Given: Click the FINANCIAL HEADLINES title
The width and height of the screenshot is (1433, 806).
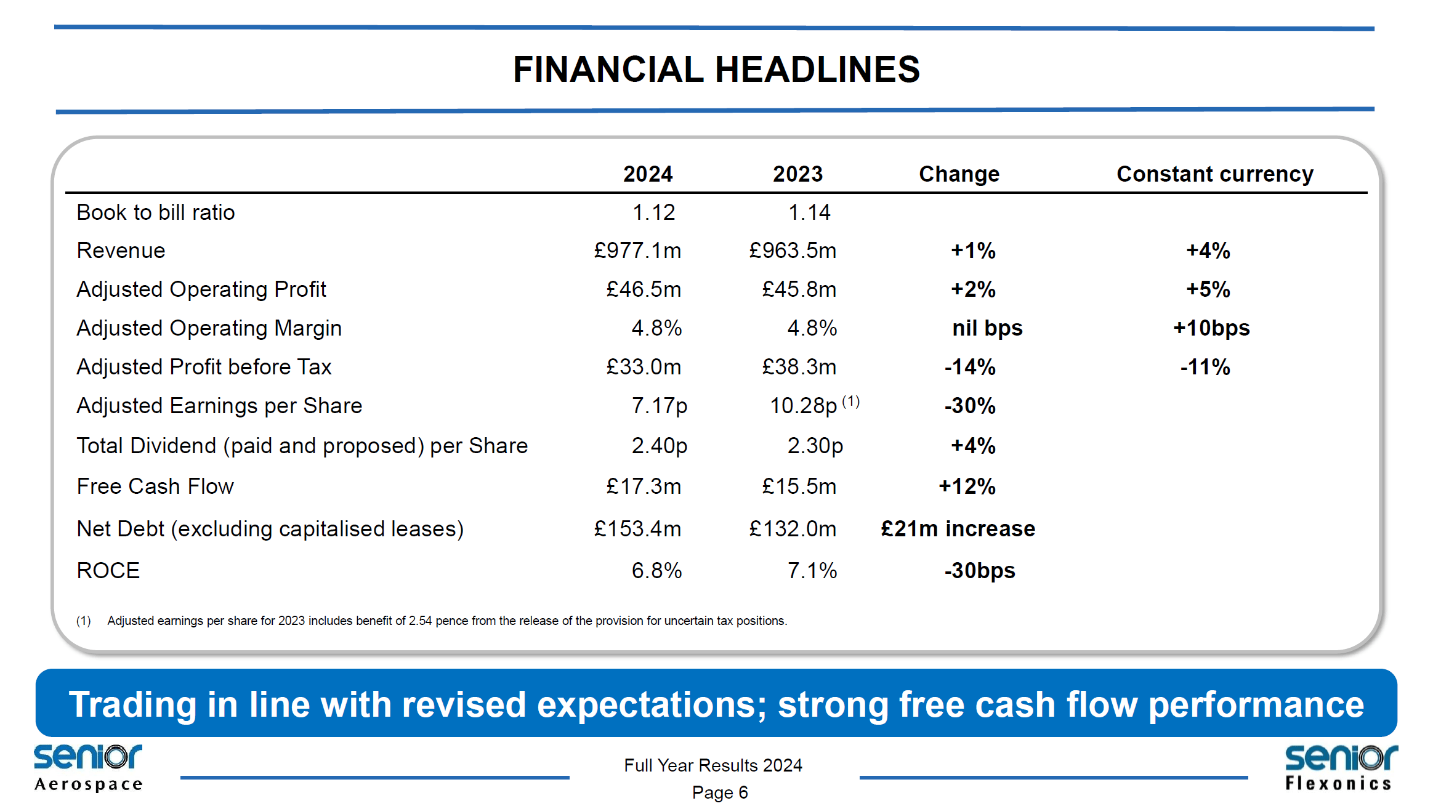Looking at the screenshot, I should (x=716, y=69).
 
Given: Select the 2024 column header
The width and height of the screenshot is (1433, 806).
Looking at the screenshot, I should (x=647, y=174).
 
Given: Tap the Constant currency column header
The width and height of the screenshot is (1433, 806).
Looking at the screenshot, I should (x=1214, y=174).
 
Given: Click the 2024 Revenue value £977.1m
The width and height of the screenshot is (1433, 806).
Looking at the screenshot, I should (x=637, y=251).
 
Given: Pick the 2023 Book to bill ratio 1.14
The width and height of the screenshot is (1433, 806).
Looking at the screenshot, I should (x=809, y=212).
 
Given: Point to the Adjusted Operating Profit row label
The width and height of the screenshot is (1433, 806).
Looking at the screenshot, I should (x=201, y=289).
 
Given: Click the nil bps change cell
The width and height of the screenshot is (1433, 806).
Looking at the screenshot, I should (x=987, y=328).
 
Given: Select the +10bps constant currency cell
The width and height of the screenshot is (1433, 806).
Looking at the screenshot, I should (x=1211, y=328).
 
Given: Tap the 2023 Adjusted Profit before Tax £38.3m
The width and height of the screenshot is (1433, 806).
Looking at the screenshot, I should (x=799, y=367).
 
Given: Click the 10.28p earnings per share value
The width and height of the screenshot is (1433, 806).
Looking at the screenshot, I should (x=803, y=406).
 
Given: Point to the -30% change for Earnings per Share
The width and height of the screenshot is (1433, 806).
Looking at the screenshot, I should (x=969, y=406).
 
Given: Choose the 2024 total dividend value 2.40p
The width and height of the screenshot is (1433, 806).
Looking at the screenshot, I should (x=659, y=446).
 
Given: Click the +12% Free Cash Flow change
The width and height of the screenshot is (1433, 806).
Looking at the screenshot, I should (x=967, y=486).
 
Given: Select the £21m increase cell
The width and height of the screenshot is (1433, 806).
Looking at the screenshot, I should (x=958, y=529).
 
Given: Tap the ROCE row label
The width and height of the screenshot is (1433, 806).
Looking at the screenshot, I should (x=108, y=571).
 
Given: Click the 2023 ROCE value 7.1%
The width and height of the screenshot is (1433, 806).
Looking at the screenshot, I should (x=812, y=571).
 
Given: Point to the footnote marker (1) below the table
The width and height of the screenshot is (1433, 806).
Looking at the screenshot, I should (x=83, y=621).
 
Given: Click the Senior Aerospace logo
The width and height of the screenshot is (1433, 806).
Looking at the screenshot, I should (x=88, y=767).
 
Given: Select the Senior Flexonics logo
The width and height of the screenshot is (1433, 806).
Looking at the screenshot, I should (x=1340, y=767).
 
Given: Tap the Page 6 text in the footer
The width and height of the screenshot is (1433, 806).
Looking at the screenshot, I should (x=719, y=792).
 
